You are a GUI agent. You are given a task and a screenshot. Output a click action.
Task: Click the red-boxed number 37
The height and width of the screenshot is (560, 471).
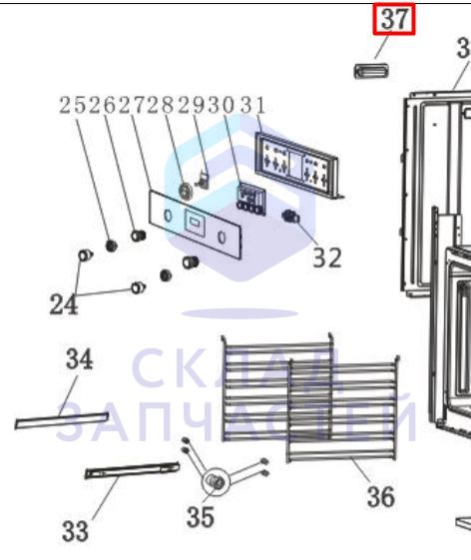tap(394, 19)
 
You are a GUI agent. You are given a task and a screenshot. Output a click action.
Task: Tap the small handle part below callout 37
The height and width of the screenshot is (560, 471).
tap(371, 70)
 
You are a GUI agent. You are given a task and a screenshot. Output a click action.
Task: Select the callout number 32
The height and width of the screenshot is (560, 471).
tap(327, 258)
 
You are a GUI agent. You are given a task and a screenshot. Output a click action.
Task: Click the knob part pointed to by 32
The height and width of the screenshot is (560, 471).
tap(290, 216)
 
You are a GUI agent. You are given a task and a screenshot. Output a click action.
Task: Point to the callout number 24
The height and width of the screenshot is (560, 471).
tap(64, 304)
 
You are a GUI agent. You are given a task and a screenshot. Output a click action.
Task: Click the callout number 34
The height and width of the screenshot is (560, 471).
tap(79, 359)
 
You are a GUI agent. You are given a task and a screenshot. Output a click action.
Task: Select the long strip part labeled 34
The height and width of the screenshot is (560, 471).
tap(62, 420)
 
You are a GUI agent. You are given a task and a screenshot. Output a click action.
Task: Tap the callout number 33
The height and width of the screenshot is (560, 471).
tap(75, 531)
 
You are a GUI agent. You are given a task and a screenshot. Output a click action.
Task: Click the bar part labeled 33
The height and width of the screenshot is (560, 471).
tap(132, 470)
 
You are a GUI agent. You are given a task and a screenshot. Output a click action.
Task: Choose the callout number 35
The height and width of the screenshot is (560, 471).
tap(201, 517)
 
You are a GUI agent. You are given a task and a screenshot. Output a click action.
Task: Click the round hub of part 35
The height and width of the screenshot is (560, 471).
tap(216, 481)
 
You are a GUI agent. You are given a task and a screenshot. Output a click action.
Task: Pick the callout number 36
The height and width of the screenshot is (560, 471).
tap(380, 496)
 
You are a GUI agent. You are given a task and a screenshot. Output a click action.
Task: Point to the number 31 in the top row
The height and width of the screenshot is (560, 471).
tap(252, 106)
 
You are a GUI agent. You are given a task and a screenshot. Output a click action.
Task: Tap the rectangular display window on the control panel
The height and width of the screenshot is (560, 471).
tap(195, 224)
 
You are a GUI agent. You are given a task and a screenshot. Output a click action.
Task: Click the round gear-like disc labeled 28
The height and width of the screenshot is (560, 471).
tap(186, 191)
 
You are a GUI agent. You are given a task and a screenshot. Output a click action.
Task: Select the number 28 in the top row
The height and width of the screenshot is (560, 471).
tap(163, 106)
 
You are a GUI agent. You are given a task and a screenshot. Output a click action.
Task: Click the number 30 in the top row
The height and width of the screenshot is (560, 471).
tap(222, 106)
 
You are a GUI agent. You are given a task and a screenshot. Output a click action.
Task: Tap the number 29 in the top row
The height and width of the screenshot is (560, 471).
tap(193, 106)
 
